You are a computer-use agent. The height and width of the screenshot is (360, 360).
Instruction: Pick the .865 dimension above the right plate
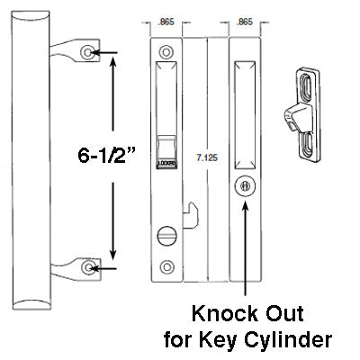click(244, 21)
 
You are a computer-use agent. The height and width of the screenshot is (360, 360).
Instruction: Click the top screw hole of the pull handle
click(87, 53)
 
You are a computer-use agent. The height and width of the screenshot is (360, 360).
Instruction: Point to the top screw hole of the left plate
click(167, 52)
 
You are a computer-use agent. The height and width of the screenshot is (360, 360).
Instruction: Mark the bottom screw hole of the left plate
click(167, 267)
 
